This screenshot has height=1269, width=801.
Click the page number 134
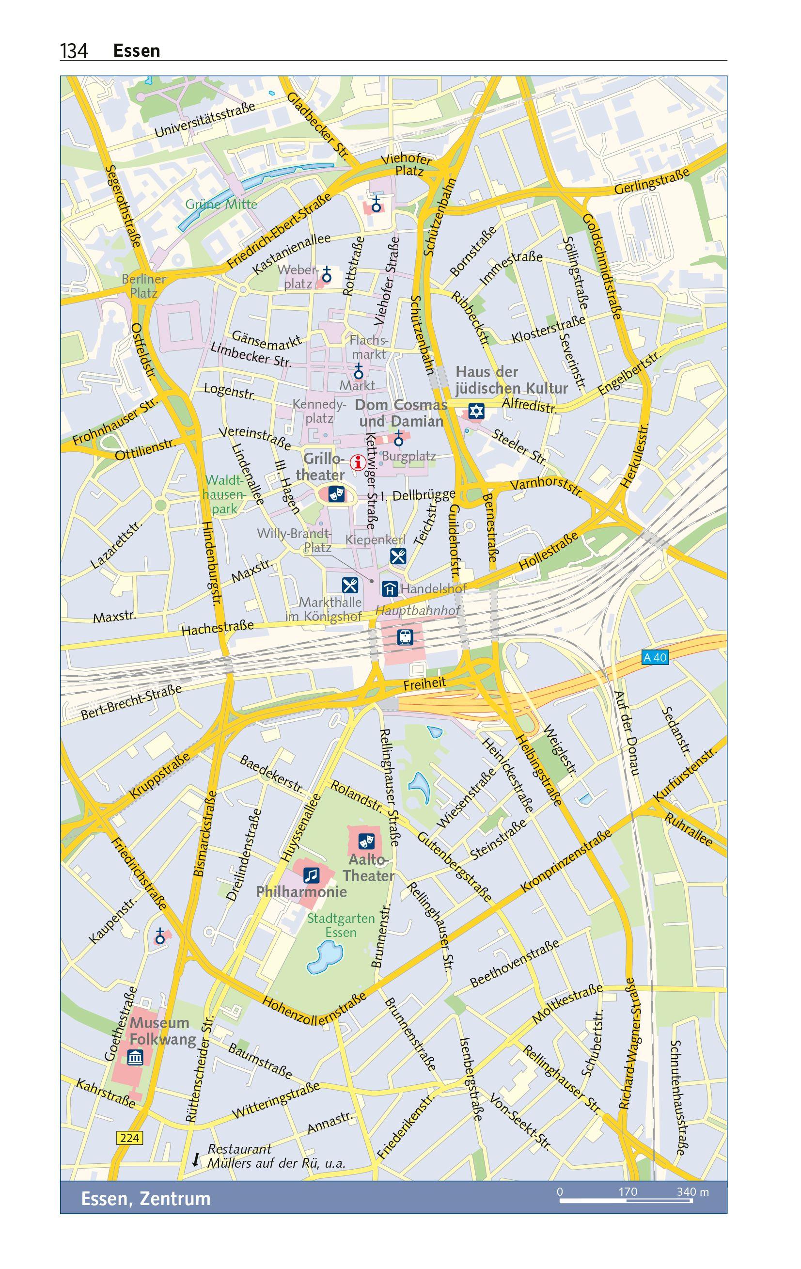tap(74, 51)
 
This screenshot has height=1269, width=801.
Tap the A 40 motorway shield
tap(655, 657)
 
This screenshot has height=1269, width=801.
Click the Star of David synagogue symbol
tap(476, 411)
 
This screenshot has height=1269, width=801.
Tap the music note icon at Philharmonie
tap(312, 875)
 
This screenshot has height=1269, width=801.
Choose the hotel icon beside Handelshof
tap(390, 588)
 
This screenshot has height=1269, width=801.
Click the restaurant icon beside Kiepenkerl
tap(398, 556)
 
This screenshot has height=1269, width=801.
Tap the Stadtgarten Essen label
tap(341, 925)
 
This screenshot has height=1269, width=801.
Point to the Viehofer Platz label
tap(408, 164)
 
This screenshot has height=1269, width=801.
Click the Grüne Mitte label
tap(221, 205)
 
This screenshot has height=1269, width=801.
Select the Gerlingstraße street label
tap(651, 182)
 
